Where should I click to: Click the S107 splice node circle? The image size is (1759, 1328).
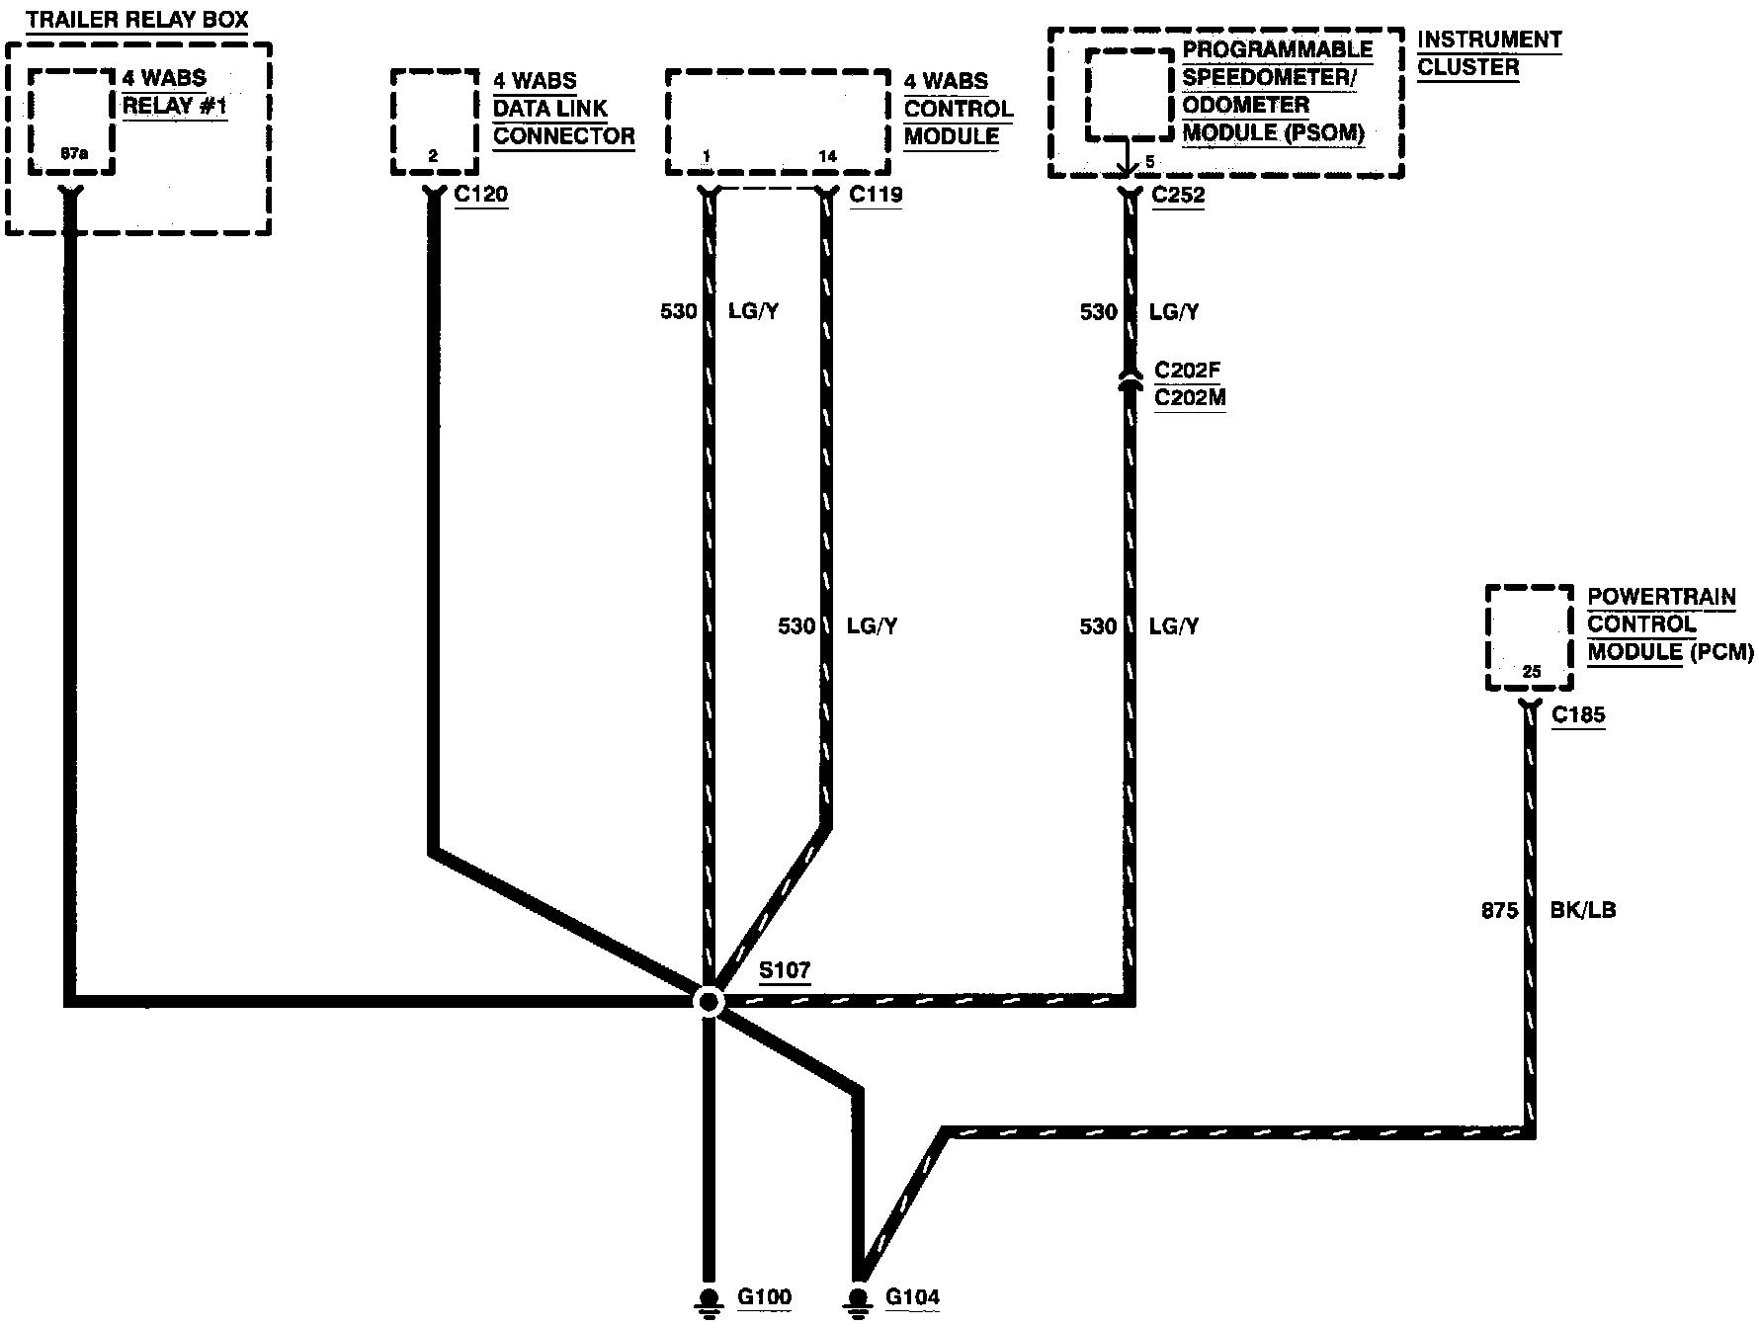pyautogui.click(x=709, y=1002)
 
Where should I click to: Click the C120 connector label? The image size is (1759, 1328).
pyautogui.click(x=481, y=194)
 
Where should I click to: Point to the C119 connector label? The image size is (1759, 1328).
pyautogui.click(x=876, y=194)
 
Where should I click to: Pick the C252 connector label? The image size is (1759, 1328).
pyautogui.click(x=1178, y=194)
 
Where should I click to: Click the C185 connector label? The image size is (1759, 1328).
pyautogui.click(x=1578, y=714)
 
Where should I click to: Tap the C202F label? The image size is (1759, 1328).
pyautogui.click(x=1188, y=372)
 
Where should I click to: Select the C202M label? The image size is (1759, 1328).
pyautogui.click(x=1190, y=398)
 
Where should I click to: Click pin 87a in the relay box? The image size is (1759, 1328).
pyautogui.click(x=73, y=154)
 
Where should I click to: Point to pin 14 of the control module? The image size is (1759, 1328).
pyautogui.click(x=828, y=156)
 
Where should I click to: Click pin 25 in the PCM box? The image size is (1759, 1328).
pyautogui.click(x=1531, y=672)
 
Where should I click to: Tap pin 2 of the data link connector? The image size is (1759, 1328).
pyautogui.click(x=433, y=156)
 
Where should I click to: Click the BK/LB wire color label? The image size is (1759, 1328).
pyautogui.click(x=1583, y=910)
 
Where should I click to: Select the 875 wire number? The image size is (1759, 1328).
pyautogui.click(x=1499, y=910)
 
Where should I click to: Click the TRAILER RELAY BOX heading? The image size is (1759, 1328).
pyautogui.click(x=137, y=19)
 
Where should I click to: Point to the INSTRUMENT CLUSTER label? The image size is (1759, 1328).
pyautogui.click(x=1488, y=53)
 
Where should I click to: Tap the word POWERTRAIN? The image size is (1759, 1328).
pyautogui.click(x=1661, y=597)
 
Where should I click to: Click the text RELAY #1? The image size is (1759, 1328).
pyautogui.click(x=174, y=106)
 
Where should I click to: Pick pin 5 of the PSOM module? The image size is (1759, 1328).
pyautogui.click(x=1149, y=161)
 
